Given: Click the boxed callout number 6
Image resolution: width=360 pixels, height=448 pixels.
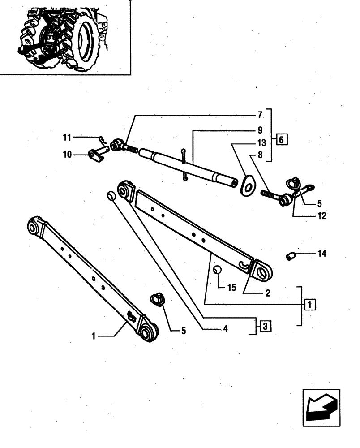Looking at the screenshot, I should click(282, 139).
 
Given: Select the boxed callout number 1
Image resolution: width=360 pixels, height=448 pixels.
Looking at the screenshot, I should click(309, 305).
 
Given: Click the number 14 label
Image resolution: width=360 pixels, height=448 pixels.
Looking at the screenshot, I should click(321, 254).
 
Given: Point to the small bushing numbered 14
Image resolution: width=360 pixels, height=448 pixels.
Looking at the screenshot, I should click(290, 256).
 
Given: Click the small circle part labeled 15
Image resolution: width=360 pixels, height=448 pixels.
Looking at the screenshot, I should click(217, 270).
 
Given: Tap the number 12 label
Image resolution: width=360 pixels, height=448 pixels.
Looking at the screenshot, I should click(321, 216).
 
